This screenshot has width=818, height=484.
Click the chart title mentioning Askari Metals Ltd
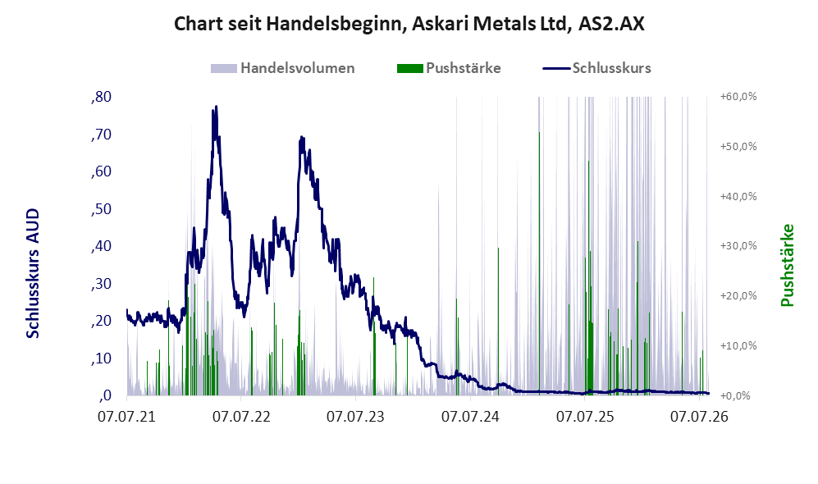409,24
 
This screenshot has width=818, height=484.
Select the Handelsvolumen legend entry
283,68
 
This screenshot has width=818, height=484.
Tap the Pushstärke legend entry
449,68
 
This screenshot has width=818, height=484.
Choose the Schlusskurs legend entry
596,68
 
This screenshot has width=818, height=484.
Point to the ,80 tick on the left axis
101,97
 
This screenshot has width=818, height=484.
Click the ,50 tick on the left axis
101,209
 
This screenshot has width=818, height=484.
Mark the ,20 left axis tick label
101,321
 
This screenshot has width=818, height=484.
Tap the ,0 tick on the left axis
104,395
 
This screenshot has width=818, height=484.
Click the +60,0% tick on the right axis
738,97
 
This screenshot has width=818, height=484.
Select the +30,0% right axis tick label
738,245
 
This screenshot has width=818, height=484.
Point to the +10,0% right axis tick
738,345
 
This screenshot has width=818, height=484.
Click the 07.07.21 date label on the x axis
127,417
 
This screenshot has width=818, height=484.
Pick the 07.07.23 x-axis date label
356,417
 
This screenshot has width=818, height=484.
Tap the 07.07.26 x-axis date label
699,417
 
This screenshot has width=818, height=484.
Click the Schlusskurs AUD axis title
33,273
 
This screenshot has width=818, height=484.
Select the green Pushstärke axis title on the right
787,266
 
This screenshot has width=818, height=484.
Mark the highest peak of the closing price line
216,107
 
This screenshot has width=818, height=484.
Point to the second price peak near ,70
301,138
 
